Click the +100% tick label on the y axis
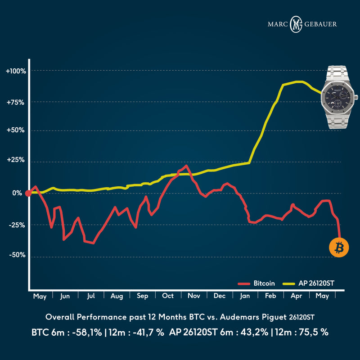(x=16, y=71)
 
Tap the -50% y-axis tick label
(x=17, y=255)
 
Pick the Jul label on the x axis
(x=91, y=297)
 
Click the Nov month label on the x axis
(x=194, y=297)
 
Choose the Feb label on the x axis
(x=271, y=297)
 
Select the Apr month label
(x=297, y=297)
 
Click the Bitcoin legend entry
(x=263, y=284)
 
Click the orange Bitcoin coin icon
(x=338, y=247)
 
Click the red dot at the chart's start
(x=28, y=193)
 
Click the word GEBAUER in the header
(x=321, y=24)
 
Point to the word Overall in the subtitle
(x=60, y=318)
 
